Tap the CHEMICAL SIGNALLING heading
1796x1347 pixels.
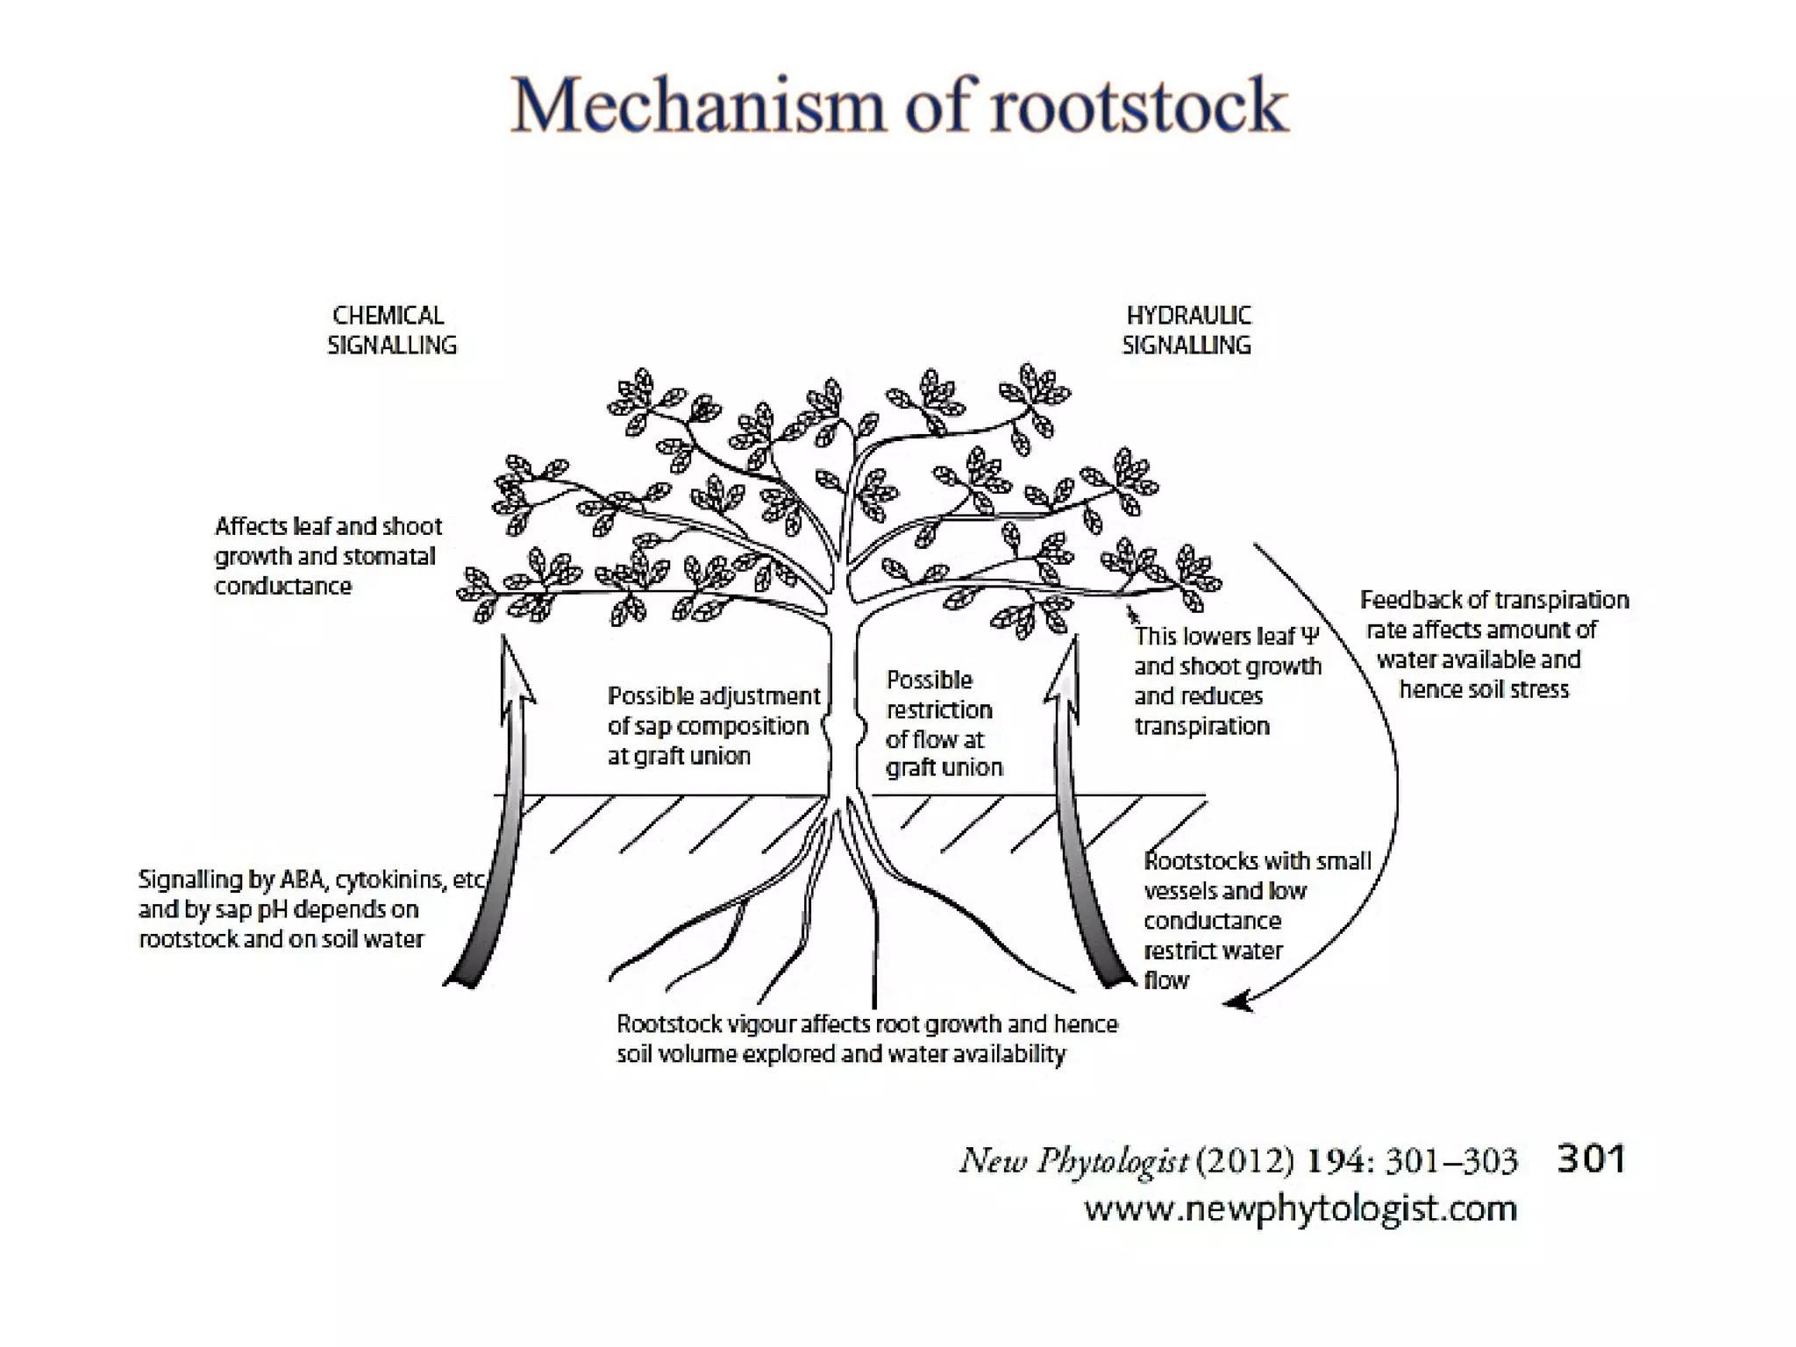(x=391, y=331)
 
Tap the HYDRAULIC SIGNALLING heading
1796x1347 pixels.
(x=1187, y=331)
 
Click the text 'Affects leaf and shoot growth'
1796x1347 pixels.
(x=328, y=541)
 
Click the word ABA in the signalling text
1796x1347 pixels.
(x=302, y=880)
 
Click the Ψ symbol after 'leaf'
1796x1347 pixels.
(x=1310, y=637)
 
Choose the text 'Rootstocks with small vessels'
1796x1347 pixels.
(x=1256, y=875)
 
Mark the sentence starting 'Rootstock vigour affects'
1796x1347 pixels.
(x=866, y=1024)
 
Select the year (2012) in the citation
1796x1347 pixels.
(x=1245, y=1161)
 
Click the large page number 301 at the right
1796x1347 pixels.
(x=1591, y=1159)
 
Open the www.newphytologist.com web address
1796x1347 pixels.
(x=1301, y=1209)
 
